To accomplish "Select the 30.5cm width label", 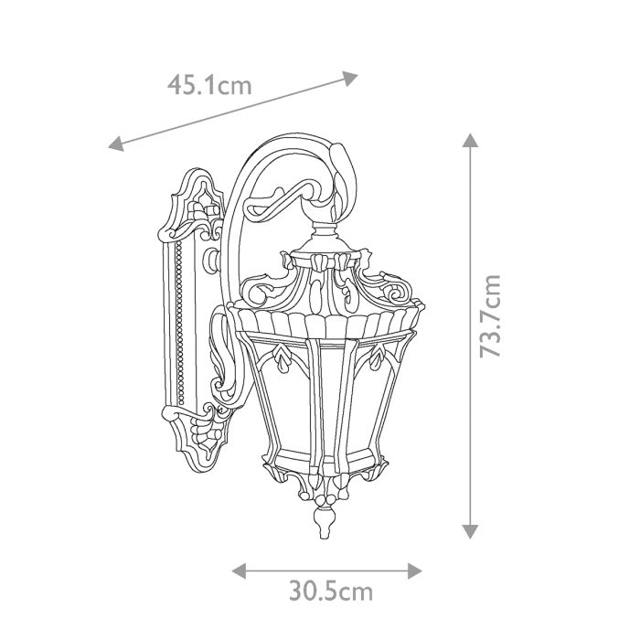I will tap(331, 592).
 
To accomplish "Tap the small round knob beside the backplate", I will tap(213, 261).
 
